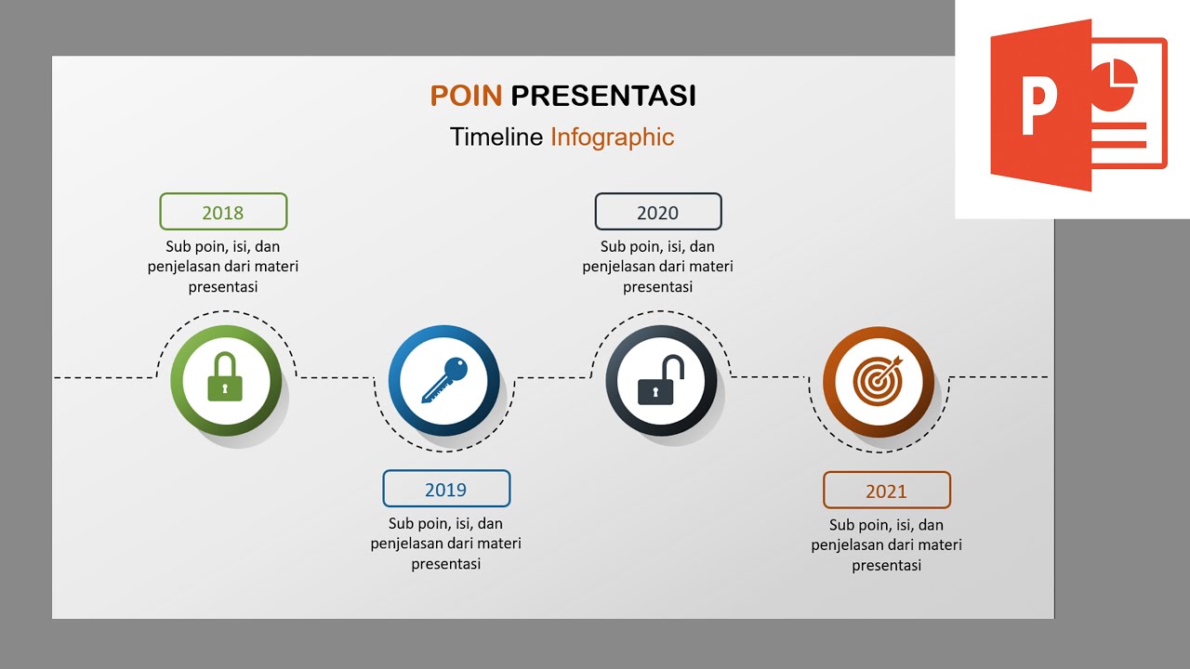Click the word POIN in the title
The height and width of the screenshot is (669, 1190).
(x=466, y=96)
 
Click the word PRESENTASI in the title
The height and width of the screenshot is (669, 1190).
(x=603, y=96)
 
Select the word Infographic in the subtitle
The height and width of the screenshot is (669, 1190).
(x=612, y=138)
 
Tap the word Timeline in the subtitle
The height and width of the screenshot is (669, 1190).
(x=496, y=138)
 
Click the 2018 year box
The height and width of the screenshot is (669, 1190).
(x=223, y=212)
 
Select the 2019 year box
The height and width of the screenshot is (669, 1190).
(x=446, y=489)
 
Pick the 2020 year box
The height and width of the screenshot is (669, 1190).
(x=658, y=212)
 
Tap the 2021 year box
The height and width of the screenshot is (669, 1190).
(x=887, y=491)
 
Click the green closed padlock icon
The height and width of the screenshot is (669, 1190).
(x=225, y=377)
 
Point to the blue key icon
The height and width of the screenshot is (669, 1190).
(x=444, y=379)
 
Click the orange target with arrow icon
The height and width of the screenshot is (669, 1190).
(x=879, y=380)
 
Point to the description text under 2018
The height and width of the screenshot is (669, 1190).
(x=223, y=267)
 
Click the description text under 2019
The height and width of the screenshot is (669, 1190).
(x=446, y=544)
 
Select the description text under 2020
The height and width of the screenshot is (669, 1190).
(x=658, y=267)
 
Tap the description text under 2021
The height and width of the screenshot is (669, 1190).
(x=887, y=545)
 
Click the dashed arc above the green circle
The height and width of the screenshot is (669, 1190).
(x=226, y=311)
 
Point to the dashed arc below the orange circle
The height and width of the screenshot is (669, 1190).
(x=879, y=452)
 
